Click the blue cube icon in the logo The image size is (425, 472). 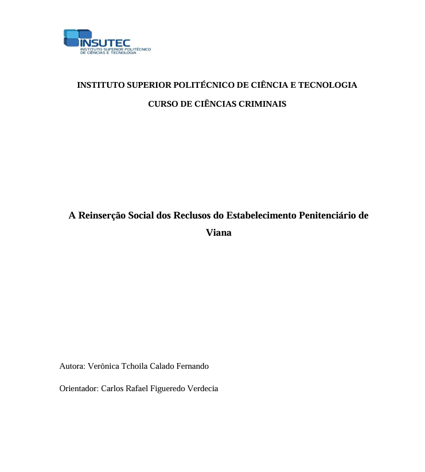(x=71, y=38)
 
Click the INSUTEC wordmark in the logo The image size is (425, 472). (x=106, y=44)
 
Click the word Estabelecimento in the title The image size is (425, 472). (x=258, y=216)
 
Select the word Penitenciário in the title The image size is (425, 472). (x=323, y=216)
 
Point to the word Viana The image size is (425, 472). (x=219, y=233)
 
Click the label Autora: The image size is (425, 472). (x=72, y=366)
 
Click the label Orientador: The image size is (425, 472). (x=79, y=388)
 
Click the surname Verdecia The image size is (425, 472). (x=203, y=388)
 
